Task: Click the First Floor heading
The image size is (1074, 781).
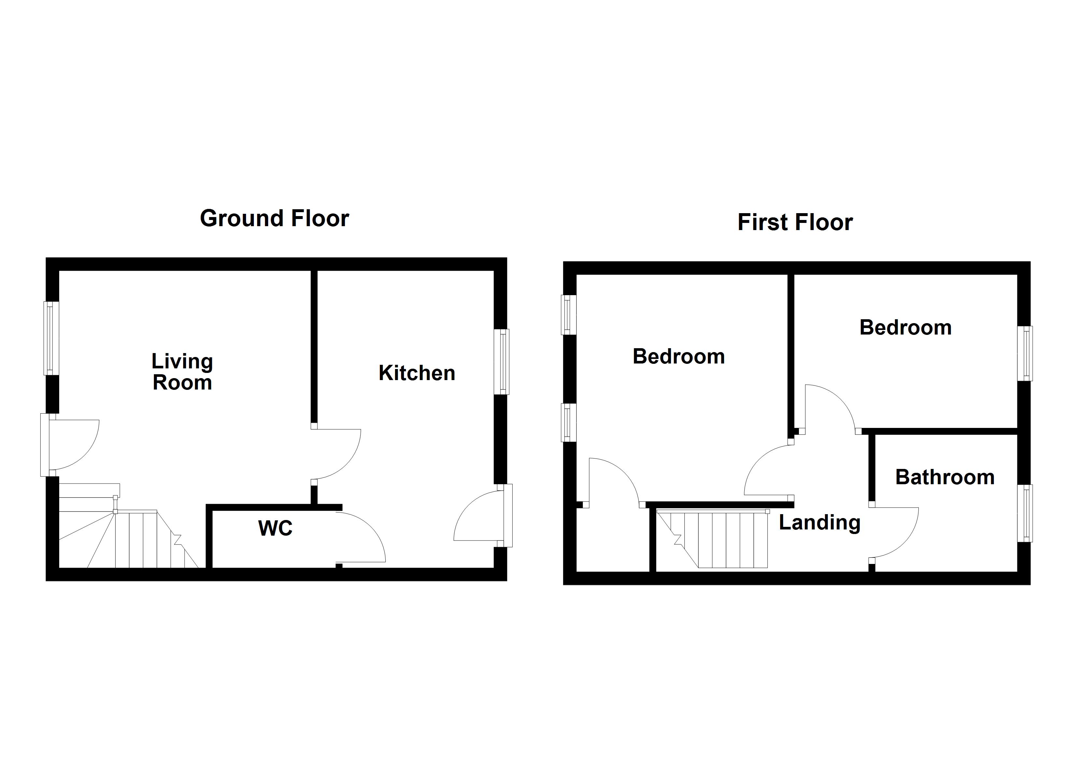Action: tap(795, 222)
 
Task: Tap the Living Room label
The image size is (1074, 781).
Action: tap(182, 372)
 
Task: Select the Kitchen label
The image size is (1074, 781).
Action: tap(417, 373)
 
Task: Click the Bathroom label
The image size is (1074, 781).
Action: tap(945, 477)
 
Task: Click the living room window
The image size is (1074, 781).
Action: tap(51, 338)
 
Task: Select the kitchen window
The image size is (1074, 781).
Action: tap(501, 362)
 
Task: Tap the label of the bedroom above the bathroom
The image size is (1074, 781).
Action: tap(905, 328)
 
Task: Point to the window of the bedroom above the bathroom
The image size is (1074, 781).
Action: tap(1025, 353)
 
